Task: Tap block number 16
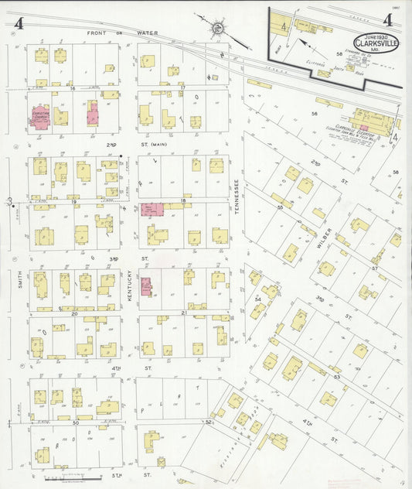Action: (x=72, y=88)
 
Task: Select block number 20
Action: (x=74, y=313)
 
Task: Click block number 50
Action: (x=75, y=422)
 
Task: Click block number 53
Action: (x=336, y=377)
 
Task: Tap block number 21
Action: (x=184, y=313)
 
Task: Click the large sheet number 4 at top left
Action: (x=18, y=23)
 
